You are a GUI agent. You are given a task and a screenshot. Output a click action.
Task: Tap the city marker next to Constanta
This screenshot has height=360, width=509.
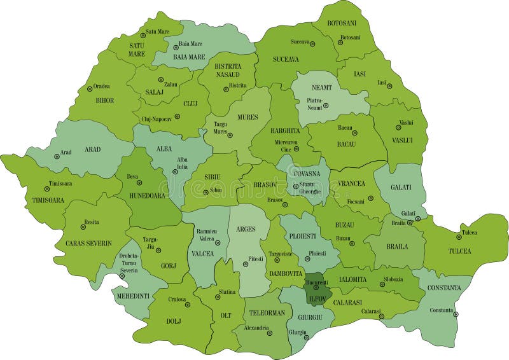pos(456,313)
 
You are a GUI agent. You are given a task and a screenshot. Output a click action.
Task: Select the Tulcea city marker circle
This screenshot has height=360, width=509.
pos(459,237)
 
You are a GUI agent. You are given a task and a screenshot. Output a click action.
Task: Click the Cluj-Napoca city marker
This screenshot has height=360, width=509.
pos(178,116)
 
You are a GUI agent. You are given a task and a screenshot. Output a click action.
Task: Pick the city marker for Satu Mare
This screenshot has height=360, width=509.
pos(144,36)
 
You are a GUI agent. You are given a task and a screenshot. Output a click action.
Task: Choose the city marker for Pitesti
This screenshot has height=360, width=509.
pos(245,265)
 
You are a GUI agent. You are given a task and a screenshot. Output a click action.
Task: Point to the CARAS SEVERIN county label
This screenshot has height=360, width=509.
pos(88,243)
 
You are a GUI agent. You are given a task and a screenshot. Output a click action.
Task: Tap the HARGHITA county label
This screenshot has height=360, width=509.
pos(285,130)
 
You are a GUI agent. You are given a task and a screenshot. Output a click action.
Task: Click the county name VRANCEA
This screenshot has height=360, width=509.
pos(352,183)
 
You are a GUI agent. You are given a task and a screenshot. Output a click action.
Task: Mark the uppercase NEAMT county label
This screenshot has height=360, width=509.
pos(322,88)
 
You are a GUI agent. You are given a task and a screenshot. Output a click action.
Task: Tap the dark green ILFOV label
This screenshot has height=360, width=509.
pos(316,297)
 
